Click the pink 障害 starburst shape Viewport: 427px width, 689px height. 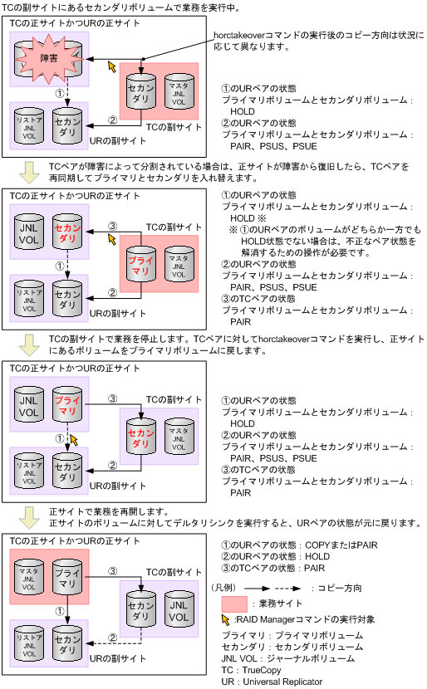tap(48, 59)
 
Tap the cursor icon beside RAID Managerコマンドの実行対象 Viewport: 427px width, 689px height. tap(227, 619)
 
